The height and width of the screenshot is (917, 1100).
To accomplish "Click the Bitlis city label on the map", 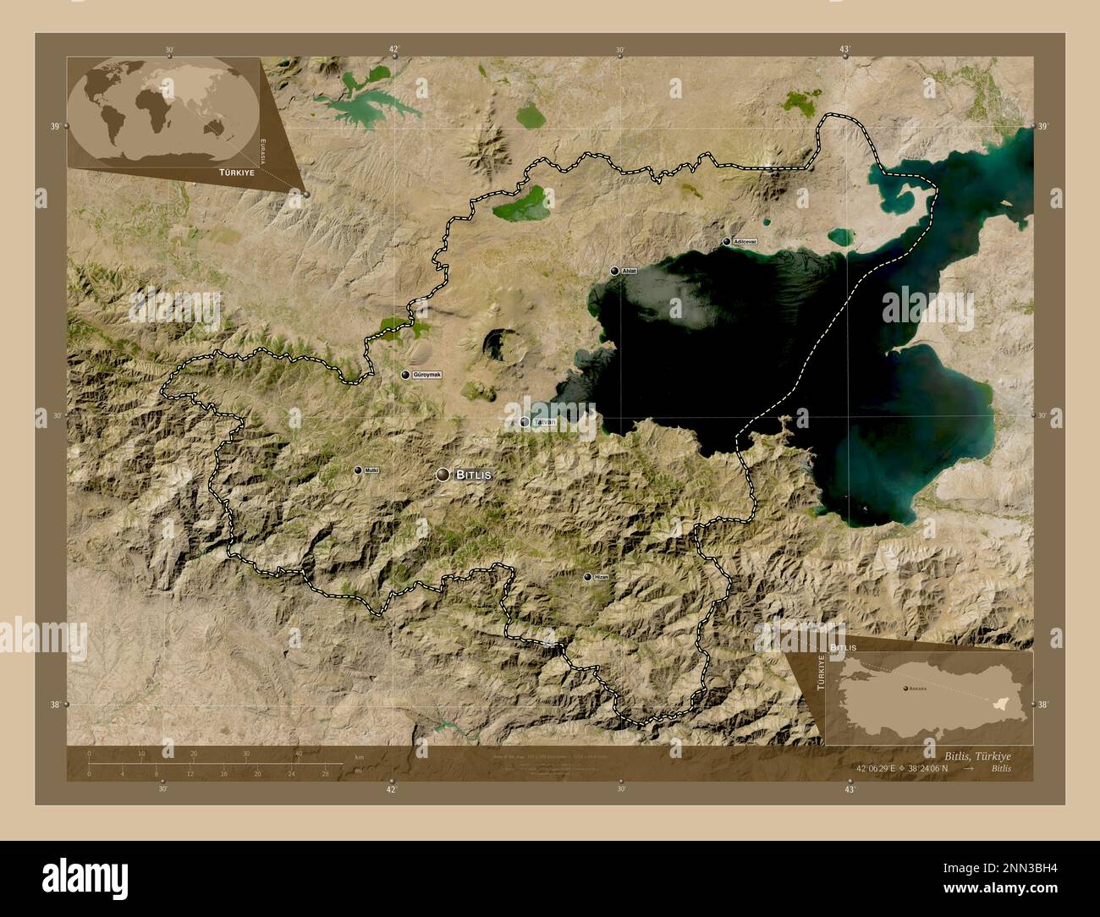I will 473,475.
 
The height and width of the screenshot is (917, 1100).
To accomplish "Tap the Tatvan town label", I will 543,421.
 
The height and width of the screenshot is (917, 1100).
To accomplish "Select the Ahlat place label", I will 629,271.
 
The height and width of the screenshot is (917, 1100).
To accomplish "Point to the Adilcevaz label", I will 745,242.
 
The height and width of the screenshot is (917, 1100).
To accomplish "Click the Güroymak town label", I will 427,375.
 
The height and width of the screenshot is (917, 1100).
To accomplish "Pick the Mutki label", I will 371,470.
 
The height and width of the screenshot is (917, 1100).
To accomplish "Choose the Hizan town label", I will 601,577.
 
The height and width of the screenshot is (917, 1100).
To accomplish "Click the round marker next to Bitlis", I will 443,475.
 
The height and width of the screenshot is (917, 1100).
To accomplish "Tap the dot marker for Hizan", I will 587,577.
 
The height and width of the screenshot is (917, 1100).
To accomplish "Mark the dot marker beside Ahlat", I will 615,271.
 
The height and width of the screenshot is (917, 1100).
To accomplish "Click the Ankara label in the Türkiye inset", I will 917,689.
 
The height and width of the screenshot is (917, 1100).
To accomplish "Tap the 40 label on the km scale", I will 298,754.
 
